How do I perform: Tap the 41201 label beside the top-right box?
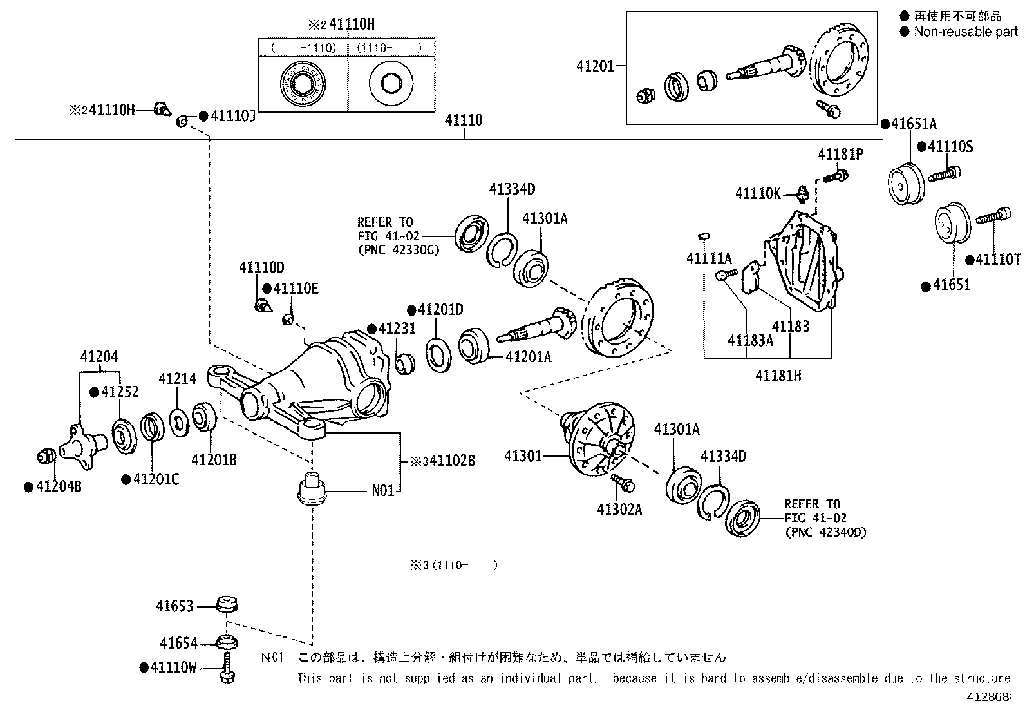pyautogui.click(x=596, y=66)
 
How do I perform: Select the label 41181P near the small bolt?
pyautogui.click(x=840, y=155)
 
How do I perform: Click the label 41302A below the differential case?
pyautogui.click(x=619, y=510)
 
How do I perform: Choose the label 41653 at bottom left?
pyautogui.click(x=174, y=606)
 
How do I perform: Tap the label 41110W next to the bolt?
pyautogui.click(x=173, y=668)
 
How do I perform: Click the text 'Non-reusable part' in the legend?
pyautogui.click(x=965, y=32)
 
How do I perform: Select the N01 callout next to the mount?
pyautogui.click(x=383, y=492)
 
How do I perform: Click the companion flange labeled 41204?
pyautogui.click(x=82, y=443)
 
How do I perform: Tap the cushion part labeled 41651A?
pyautogui.click(x=906, y=185)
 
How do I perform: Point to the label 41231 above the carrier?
pyautogui.click(x=397, y=329)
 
